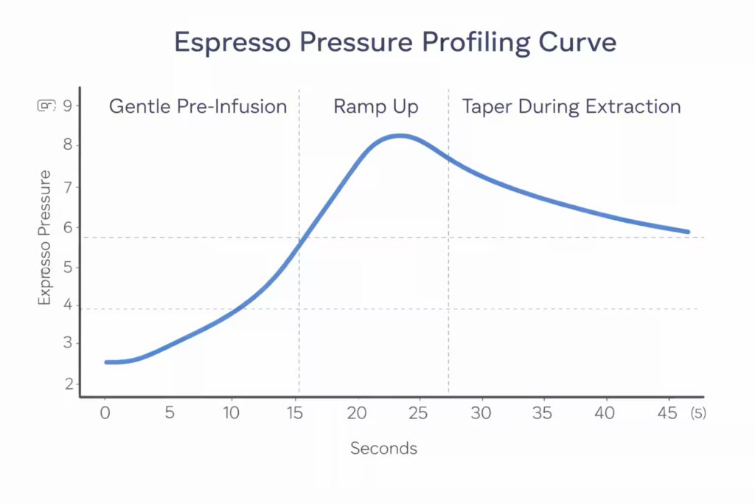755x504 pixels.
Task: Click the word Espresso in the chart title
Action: coord(228,43)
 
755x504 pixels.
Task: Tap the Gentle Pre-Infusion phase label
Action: coord(198,106)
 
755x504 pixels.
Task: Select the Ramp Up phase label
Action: coord(375,106)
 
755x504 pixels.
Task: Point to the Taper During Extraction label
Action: coord(571,106)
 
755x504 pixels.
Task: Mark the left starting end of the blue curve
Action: coord(107,362)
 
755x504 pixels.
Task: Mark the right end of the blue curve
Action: coord(687,232)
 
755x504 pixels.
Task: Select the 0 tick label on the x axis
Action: coord(105,413)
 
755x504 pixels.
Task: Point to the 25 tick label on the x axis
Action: coord(417,413)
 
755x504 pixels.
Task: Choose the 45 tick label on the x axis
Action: coord(667,413)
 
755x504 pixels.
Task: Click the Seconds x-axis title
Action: coord(383,448)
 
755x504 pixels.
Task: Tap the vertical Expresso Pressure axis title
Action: coord(45,238)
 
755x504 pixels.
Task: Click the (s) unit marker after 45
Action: coord(697,414)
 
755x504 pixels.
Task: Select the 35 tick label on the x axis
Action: coord(543,413)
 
